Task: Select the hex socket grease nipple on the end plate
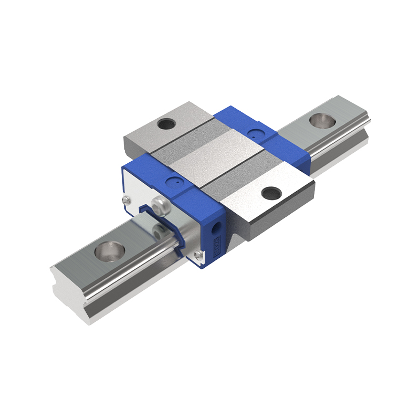160,203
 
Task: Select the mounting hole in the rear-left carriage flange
167,124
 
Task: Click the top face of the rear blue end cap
247,123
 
